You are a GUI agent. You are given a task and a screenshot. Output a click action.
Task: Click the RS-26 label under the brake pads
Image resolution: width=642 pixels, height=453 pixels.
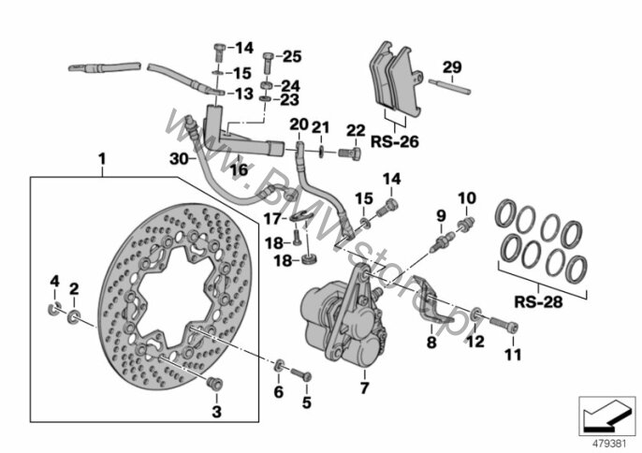[395, 141]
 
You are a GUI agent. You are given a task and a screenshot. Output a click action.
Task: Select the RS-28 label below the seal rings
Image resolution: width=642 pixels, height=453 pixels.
[538, 302]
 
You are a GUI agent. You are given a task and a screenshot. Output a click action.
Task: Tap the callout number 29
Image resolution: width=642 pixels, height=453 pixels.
[452, 67]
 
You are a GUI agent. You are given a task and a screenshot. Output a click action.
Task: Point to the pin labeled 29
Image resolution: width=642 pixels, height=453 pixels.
[450, 87]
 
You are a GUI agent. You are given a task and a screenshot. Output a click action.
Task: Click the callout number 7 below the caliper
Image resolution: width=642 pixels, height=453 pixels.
[364, 387]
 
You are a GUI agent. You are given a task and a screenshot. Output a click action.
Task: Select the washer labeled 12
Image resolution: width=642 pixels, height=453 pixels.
[476, 315]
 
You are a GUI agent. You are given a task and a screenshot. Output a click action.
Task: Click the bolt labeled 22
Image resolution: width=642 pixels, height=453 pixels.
[349, 154]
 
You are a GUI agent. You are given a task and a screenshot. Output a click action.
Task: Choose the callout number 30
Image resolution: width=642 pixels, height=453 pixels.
[179, 159]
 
